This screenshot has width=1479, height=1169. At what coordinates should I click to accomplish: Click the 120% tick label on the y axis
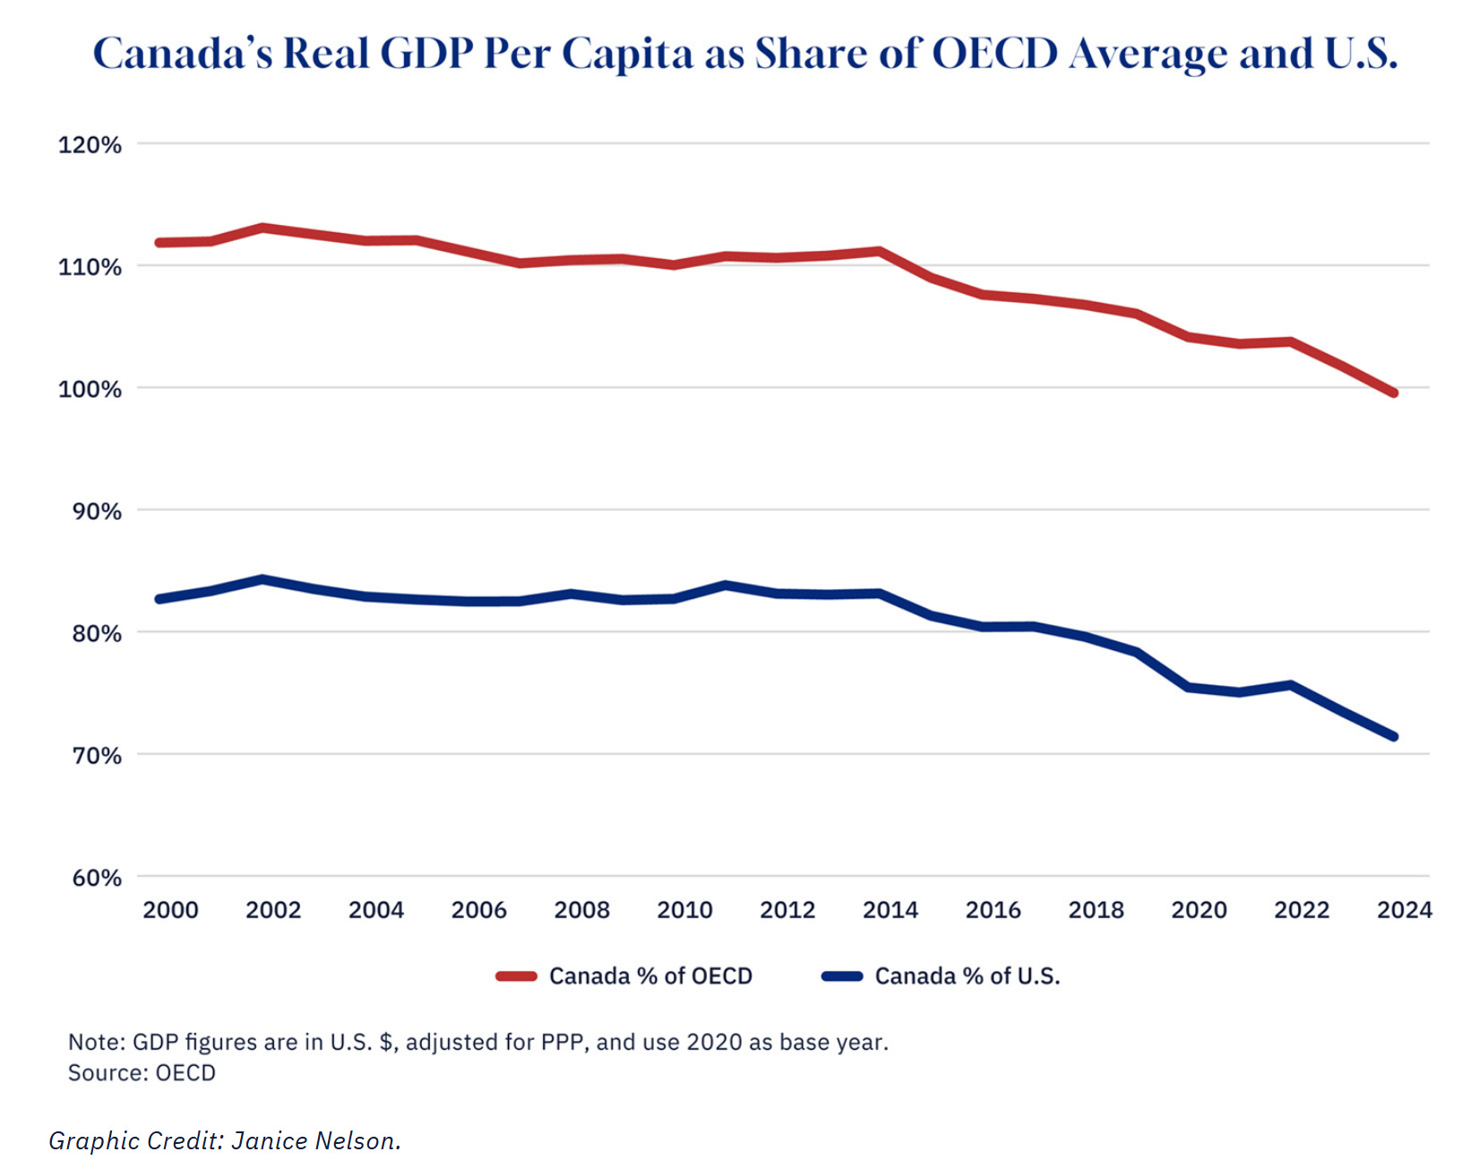(x=90, y=145)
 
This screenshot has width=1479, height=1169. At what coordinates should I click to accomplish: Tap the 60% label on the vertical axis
(x=96, y=878)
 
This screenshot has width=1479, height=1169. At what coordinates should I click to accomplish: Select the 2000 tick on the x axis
(x=170, y=910)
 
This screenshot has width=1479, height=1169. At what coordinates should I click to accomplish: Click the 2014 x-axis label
(x=890, y=910)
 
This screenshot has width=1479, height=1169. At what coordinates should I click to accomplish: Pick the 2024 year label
(x=1404, y=910)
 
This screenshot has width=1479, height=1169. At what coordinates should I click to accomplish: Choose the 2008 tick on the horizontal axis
(x=581, y=910)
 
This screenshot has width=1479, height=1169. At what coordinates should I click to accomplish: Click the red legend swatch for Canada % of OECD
(x=517, y=976)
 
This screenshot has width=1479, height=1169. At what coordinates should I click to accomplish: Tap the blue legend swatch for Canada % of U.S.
(x=842, y=976)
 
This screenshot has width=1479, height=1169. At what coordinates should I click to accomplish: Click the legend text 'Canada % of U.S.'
(x=967, y=976)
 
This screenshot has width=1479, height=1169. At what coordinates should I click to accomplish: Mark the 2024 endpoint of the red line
(x=1393, y=392)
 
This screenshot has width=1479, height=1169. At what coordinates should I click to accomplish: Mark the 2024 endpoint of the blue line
(x=1393, y=736)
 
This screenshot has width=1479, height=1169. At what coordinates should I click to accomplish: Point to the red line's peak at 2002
(x=262, y=228)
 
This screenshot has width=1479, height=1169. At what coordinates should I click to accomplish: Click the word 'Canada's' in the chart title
(x=183, y=54)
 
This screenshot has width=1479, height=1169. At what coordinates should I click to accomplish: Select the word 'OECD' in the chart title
(x=994, y=54)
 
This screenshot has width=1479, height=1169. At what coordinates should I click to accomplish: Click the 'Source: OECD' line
(x=142, y=1072)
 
